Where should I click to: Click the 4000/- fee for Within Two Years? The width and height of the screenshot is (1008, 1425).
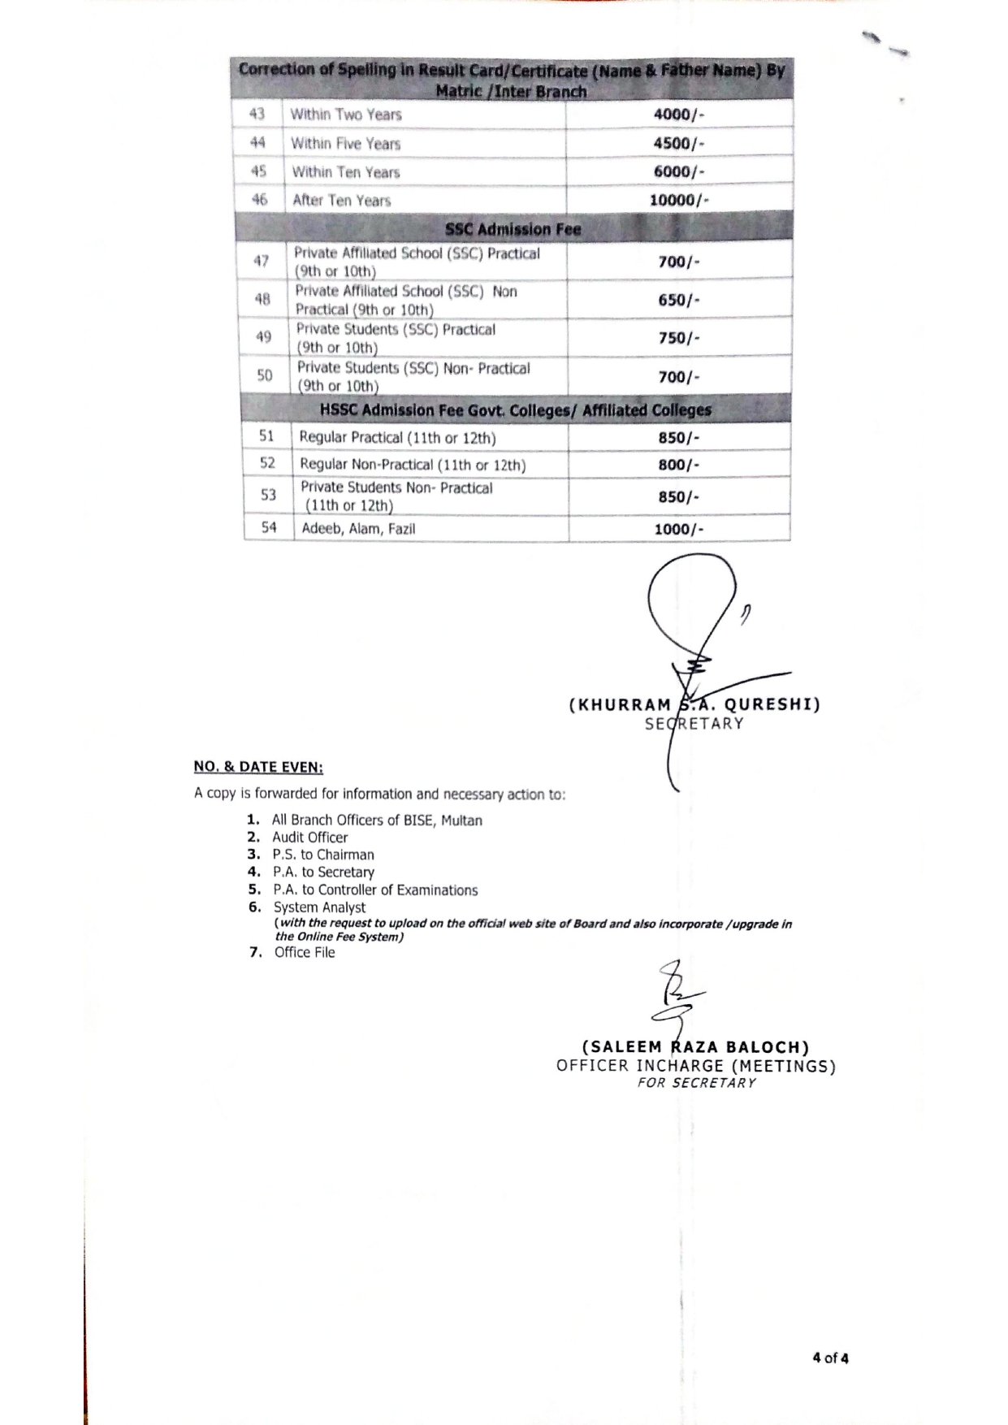(678, 115)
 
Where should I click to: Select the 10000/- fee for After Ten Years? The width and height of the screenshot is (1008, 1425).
(678, 200)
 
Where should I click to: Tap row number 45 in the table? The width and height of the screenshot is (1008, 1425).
(258, 171)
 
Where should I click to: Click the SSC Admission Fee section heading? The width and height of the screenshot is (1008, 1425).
(513, 229)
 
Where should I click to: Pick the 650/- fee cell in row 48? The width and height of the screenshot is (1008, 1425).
(678, 300)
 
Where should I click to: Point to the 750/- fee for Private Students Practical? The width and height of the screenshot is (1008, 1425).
(678, 338)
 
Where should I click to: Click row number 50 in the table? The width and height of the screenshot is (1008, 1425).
(265, 375)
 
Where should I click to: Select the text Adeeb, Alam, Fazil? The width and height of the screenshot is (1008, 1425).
(358, 529)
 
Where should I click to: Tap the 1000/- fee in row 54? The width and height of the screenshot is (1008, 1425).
(678, 529)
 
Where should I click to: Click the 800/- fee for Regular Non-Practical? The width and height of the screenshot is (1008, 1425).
(678, 465)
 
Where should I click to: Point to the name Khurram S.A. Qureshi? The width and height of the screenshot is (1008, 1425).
(694, 704)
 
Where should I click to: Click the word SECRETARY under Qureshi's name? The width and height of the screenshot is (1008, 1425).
(694, 724)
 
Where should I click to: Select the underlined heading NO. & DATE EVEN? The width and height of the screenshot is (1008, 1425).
(258, 767)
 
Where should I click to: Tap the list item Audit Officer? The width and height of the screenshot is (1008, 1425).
(309, 838)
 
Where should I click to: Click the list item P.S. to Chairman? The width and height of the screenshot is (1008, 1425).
(323, 855)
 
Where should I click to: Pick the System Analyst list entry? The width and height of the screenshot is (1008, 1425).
(319, 907)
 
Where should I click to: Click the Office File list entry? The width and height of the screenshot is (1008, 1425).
(305, 952)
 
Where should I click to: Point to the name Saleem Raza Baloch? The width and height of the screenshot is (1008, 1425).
(696, 1047)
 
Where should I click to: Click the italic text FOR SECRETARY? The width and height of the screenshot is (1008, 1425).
(697, 1083)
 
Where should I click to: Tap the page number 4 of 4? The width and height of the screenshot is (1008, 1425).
(830, 1358)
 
